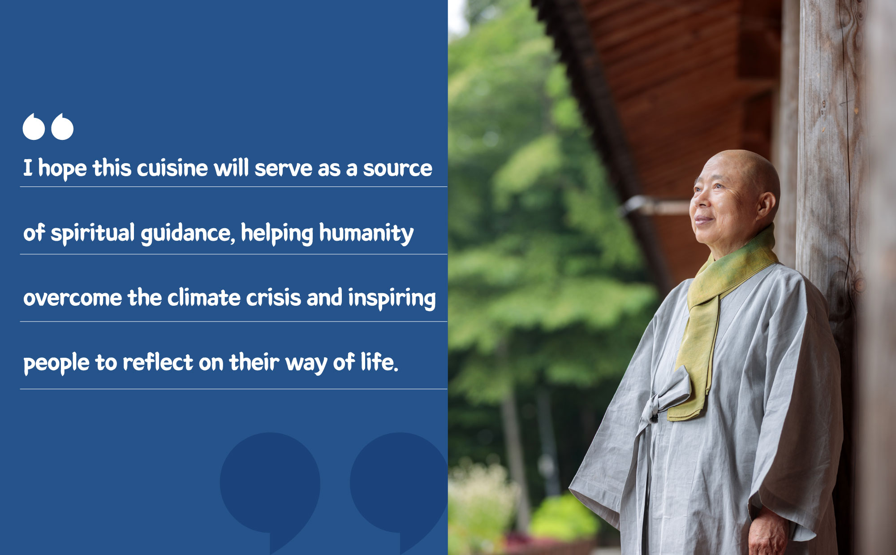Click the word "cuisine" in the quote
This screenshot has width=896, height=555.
click(172, 169)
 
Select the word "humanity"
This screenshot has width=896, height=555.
click(366, 234)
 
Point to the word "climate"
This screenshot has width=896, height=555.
click(204, 298)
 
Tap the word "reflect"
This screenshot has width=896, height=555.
click(158, 362)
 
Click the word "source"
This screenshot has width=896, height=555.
click(397, 169)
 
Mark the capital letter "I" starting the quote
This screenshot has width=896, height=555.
click(28, 168)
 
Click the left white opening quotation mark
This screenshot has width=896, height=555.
click(34, 127)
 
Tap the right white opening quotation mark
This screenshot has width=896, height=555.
click(62, 127)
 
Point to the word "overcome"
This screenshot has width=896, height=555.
click(73, 298)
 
